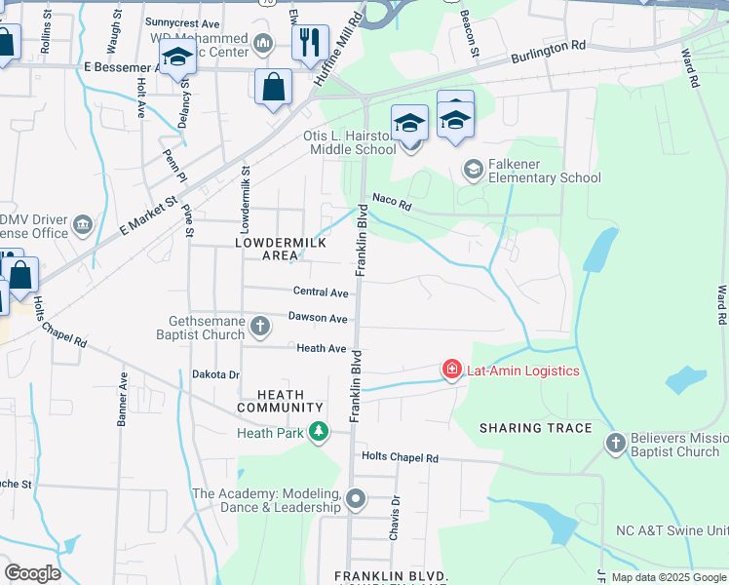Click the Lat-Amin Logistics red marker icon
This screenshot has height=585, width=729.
[452, 370]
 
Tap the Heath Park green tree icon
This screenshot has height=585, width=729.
[318, 432]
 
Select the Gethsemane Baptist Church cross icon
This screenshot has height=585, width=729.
[260, 325]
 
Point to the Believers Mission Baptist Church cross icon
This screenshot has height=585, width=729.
[615, 444]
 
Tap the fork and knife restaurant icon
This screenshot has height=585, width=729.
[310, 43]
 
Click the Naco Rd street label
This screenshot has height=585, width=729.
[393, 206]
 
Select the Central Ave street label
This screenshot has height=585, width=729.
[321, 292]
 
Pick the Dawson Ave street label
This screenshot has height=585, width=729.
[317, 319]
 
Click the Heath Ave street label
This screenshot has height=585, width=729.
[322, 348]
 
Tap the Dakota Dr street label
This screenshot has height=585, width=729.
[214, 374]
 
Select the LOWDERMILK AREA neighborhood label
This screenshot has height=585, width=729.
[266, 248]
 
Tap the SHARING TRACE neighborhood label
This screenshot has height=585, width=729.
[535, 428]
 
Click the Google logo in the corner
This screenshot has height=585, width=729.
[33, 573]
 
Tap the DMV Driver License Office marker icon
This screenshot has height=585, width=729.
[83, 226]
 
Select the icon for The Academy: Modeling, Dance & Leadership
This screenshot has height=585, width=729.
[356, 500]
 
